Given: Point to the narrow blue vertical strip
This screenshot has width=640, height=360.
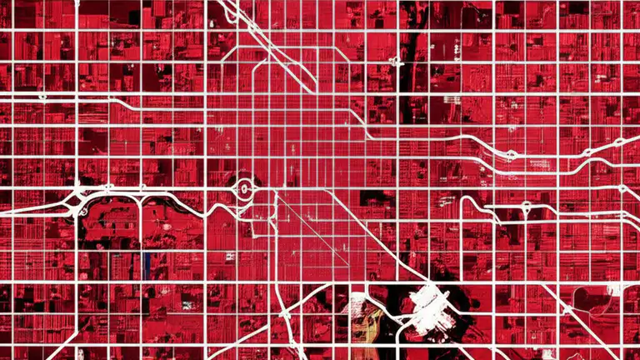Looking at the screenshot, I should (x=147, y=265).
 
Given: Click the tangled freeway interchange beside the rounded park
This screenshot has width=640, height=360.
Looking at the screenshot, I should (x=80, y=200).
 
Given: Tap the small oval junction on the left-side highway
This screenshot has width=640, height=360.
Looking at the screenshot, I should (x=42, y=97).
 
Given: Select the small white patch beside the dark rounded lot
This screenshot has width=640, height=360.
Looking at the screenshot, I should (x=615, y=288).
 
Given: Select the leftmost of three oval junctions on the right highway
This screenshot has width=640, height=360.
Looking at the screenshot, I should (x=510, y=155).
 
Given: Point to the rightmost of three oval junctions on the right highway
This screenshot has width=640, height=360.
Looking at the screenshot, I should (x=618, y=142).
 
